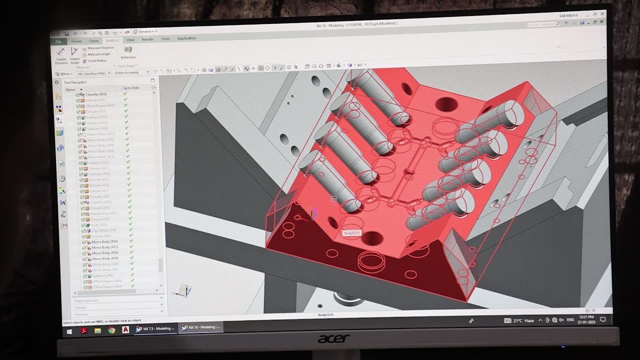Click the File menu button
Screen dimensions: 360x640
(x=58, y=41)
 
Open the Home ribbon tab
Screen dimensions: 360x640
(x=76, y=41)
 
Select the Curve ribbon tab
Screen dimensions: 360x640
(x=93, y=41)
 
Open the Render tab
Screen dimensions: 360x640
(x=147, y=39)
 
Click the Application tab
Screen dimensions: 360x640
(x=186, y=38)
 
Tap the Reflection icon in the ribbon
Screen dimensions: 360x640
(x=128, y=52)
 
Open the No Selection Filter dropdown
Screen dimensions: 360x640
(x=93, y=73)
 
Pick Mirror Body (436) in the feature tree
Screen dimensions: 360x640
(x=104, y=242)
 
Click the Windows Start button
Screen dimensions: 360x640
(x=69, y=331)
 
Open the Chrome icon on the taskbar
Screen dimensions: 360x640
(x=111, y=330)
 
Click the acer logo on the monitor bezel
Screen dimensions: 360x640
(x=333, y=339)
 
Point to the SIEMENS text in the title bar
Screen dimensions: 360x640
(x=568, y=15)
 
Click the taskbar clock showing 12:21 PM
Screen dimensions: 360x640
(x=586, y=319)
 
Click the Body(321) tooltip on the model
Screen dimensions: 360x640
(x=351, y=233)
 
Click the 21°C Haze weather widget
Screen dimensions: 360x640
(x=520, y=320)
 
